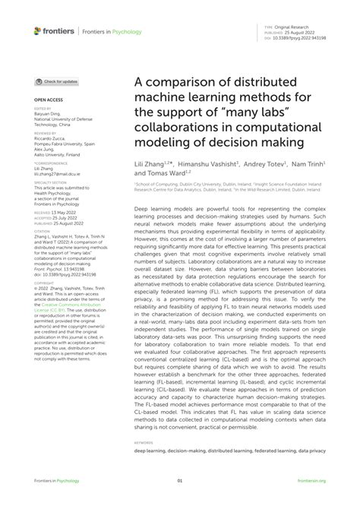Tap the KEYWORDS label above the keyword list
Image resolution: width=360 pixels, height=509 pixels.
[144, 441]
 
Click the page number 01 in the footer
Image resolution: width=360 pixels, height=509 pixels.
[180, 481]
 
